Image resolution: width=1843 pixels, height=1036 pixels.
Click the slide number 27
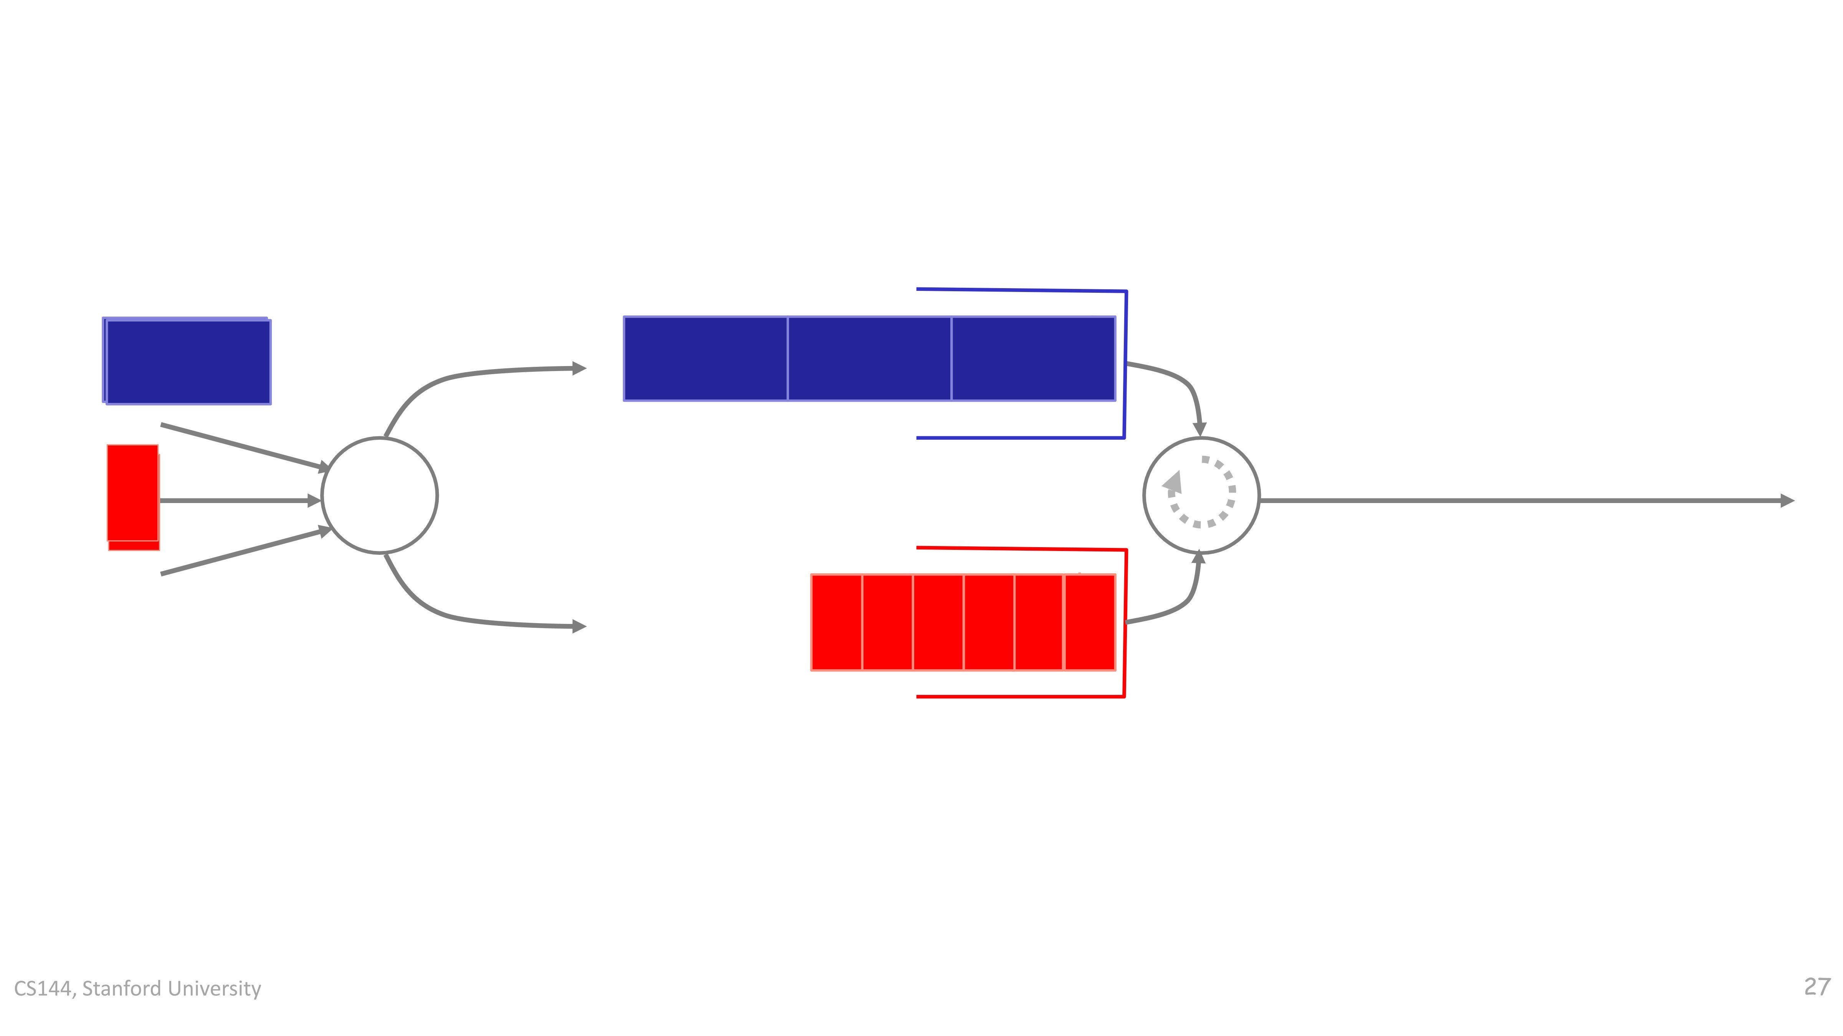coord(1817,987)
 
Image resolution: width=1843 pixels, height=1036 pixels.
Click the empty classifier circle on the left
coord(380,495)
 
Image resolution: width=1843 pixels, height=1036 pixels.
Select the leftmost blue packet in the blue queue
coord(705,359)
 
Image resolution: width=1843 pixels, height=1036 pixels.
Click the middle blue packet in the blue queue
coord(869,359)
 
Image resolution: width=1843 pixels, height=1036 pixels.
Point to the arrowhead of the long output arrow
coord(1787,500)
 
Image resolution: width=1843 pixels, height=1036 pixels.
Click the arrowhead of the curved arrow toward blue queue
coord(579,368)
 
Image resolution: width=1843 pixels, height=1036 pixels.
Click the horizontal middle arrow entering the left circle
coord(240,500)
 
